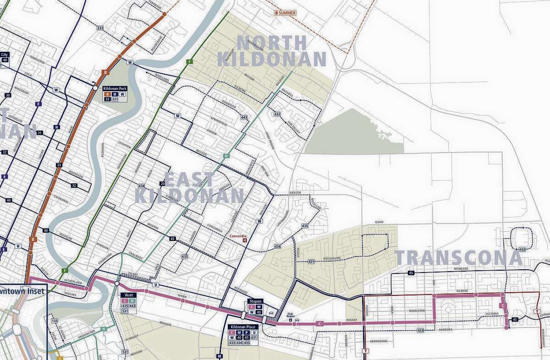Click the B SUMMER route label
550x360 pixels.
click(x=285, y=13)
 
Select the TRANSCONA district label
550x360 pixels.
click(x=458, y=258)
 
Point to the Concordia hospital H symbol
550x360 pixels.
click(x=244, y=240)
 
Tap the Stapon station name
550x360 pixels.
click(x=255, y=301)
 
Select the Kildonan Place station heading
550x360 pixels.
click(x=245, y=327)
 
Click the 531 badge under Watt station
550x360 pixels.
click(x=124, y=311)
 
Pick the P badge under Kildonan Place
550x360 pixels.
click(x=246, y=333)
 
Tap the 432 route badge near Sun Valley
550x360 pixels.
click(x=277, y=114)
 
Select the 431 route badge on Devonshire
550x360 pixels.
click(x=311, y=262)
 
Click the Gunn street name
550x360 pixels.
click(x=379, y=222)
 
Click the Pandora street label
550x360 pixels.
click(x=445, y=329)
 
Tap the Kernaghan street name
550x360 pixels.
click(x=380, y=341)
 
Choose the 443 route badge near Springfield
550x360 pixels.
click(x=244, y=118)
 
